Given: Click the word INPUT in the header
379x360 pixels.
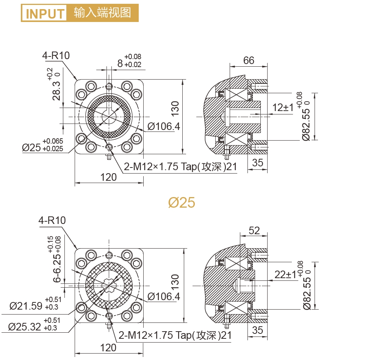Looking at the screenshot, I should click(x=45, y=14).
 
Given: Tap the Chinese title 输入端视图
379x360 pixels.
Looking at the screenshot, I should click(x=102, y=13).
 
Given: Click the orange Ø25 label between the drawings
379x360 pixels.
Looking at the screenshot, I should click(x=182, y=203).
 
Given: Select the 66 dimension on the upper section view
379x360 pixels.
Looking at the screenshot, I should click(x=249, y=60).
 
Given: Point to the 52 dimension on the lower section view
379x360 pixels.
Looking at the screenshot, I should click(x=254, y=230).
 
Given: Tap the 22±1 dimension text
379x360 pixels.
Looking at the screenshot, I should click(x=284, y=274).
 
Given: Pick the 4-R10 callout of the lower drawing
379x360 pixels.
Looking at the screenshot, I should click(x=52, y=220).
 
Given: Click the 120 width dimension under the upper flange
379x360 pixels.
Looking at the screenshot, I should click(x=108, y=177).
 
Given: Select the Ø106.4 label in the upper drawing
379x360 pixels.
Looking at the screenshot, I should click(x=164, y=126).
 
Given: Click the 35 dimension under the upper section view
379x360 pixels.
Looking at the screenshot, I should click(x=258, y=163).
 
